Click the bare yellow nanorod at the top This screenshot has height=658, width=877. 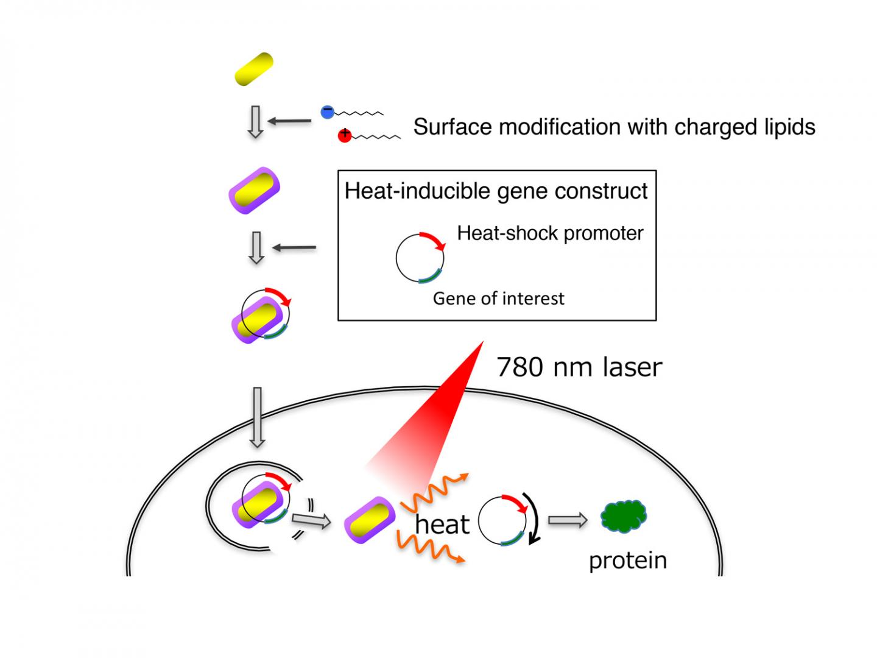(x=254, y=69)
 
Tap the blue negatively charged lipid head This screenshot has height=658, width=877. (x=328, y=111)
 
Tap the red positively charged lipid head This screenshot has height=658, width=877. (x=345, y=135)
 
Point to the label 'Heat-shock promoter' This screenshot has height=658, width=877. (x=550, y=233)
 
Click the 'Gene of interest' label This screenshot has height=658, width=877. (x=498, y=299)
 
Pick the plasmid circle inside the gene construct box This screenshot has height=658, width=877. (x=420, y=258)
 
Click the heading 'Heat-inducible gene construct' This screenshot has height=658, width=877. (x=496, y=191)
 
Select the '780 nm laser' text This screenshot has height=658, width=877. (x=579, y=367)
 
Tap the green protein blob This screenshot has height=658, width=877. (x=624, y=517)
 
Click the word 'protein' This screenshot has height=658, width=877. (x=627, y=561)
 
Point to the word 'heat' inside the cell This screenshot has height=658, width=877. (x=442, y=525)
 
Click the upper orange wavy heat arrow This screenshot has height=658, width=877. (x=434, y=493)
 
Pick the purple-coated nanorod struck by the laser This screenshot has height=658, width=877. (x=370, y=520)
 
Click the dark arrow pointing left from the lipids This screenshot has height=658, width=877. (x=289, y=121)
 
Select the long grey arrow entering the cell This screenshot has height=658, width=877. (x=257, y=417)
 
